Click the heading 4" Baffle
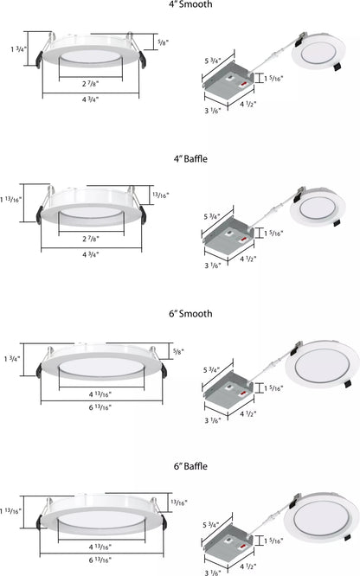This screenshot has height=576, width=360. point(190,159)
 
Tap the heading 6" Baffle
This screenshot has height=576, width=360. point(190,467)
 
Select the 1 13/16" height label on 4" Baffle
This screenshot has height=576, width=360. point(11,203)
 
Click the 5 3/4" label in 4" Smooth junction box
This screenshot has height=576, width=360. point(211,61)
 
